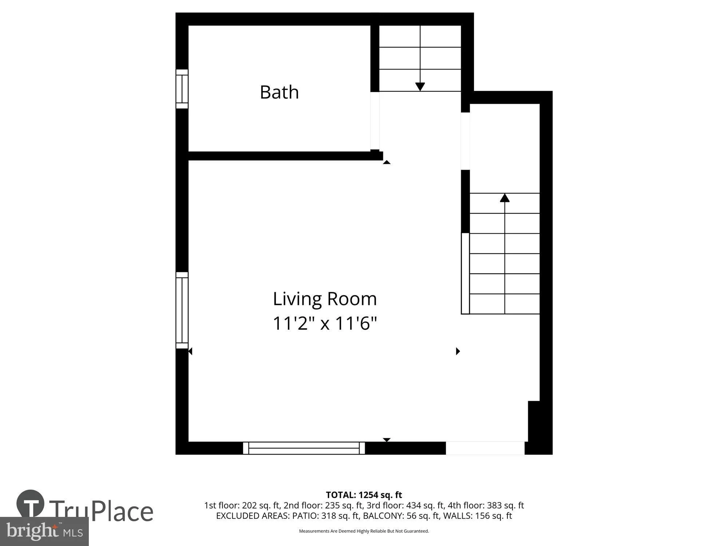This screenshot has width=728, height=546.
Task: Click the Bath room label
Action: click(x=279, y=92)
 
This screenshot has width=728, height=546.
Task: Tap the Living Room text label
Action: click(x=325, y=299)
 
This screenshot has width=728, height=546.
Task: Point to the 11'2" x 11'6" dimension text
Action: click(x=325, y=323)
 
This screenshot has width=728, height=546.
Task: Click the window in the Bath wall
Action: click(x=182, y=89)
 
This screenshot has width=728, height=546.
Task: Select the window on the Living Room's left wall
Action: click(x=182, y=310)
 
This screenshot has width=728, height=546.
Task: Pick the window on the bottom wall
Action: click(x=304, y=448)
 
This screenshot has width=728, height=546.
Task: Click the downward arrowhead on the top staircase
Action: click(x=420, y=87)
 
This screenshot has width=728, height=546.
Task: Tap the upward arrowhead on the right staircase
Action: click(x=505, y=198)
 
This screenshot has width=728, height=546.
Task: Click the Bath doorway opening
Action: click(x=375, y=120)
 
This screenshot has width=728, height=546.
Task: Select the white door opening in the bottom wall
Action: click(x=485, y=448)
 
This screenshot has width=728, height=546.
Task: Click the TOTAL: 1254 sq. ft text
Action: click(x=364, y=495)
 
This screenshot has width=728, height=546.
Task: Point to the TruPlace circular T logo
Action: click(x=31, y=504)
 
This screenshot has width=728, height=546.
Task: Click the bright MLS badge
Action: click(x=44, y=531)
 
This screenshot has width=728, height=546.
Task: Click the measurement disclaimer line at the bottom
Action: click(x=364, y=531)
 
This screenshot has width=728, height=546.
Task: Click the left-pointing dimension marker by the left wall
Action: click(x=190, y=351)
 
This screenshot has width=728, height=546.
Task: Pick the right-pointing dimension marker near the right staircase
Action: click(x=458, y=351)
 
